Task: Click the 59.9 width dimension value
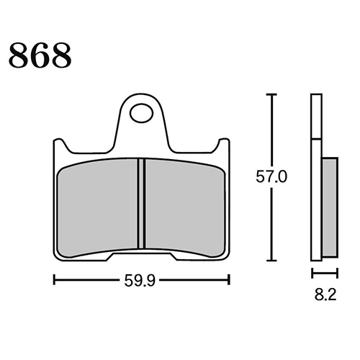click(142, 279)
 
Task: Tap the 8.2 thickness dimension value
click(324, 294)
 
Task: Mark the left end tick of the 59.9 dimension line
click(55, 279)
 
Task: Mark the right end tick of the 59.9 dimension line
click(230, 279)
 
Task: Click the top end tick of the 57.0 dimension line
click(271, 94)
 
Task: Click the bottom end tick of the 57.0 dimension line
click(271, 260)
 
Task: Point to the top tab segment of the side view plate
click(315, 115)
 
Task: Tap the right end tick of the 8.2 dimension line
click(337, 273)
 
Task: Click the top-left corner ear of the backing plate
click(59, 145)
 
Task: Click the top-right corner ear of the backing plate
click(225, 145)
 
